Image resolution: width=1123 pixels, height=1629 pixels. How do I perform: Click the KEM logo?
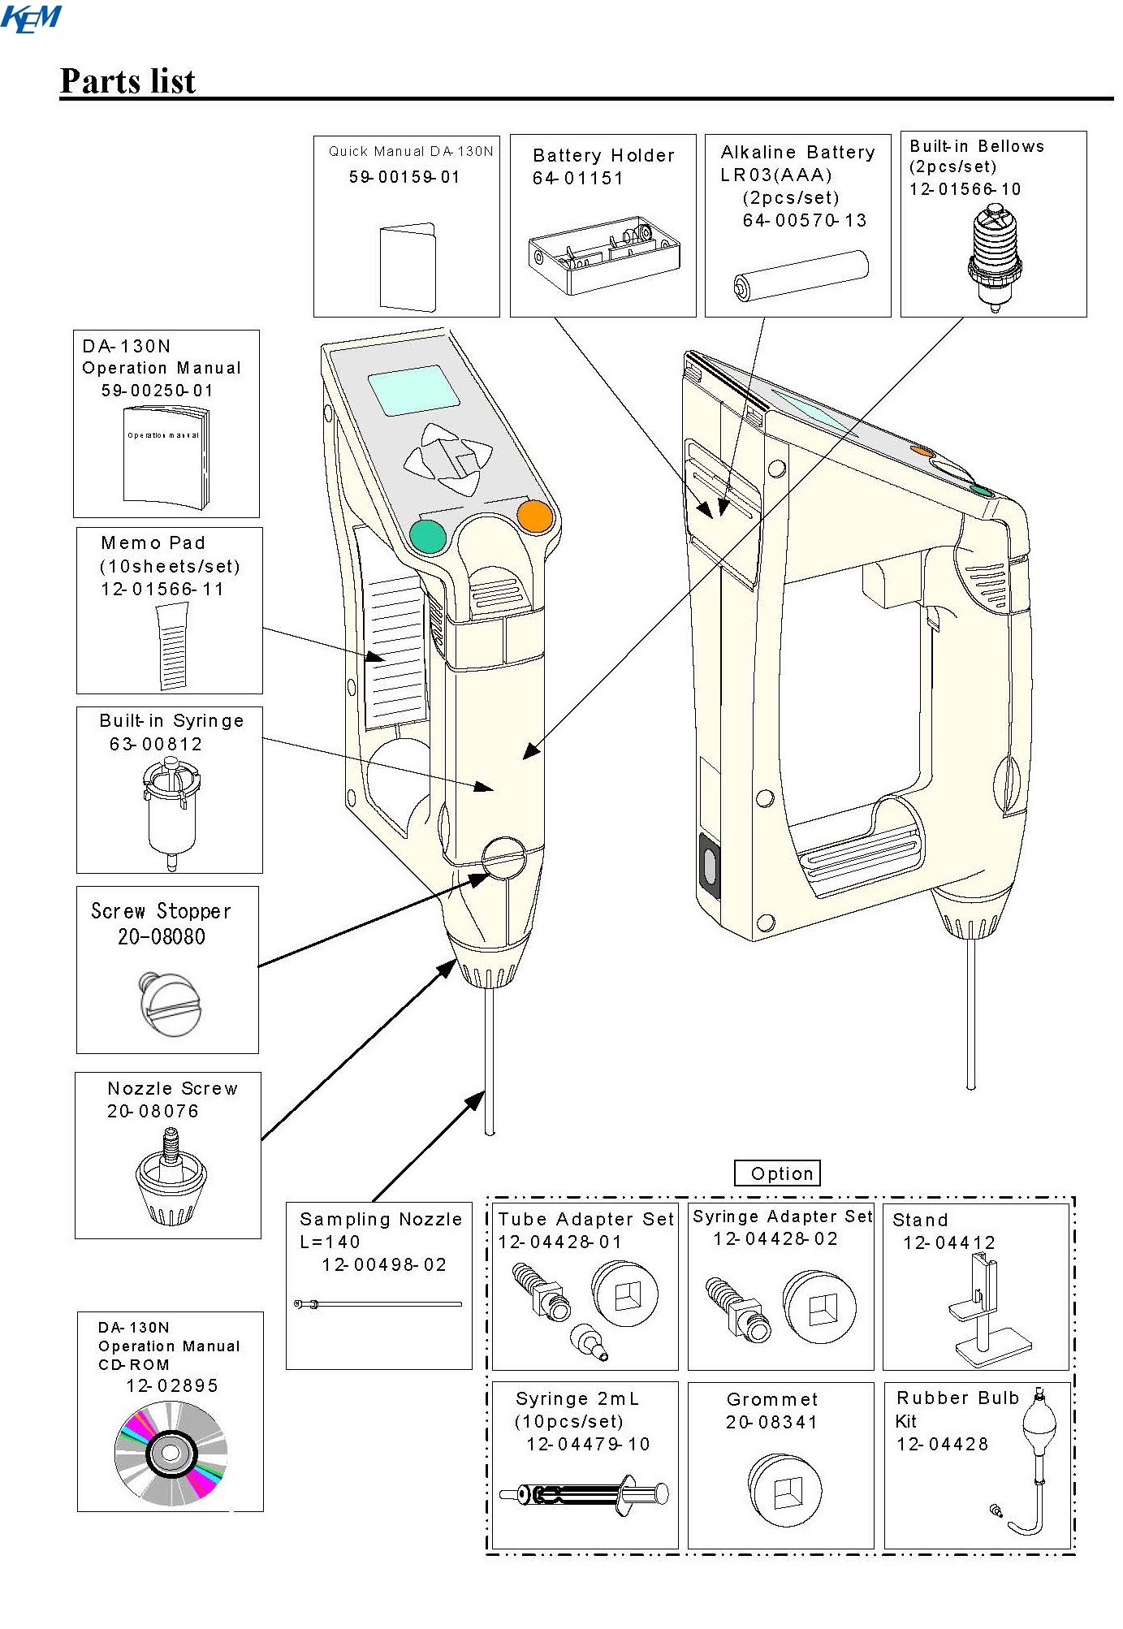[31, 18]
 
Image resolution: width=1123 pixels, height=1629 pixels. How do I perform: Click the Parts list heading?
[127, 81]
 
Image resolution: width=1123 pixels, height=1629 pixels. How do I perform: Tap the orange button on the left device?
[534, 516]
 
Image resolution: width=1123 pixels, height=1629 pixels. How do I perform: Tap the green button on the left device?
[428, 537]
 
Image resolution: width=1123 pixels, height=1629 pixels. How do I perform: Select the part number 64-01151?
[577, 179]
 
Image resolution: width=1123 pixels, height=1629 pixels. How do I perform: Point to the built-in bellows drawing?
[994, 256]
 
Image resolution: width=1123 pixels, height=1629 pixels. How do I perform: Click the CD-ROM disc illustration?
[171, 1453]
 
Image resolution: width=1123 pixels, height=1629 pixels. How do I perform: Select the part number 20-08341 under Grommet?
[771, 1422]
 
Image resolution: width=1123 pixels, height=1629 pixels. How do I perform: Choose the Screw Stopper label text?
[161, 911]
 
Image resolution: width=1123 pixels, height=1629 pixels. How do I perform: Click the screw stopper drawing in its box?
[171, 1004]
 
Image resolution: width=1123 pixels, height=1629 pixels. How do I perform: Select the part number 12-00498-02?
[384, 1264]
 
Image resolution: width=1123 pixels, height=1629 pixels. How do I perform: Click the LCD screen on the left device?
[413, 390]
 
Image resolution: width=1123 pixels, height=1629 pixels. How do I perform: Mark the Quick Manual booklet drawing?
[408, 268]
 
